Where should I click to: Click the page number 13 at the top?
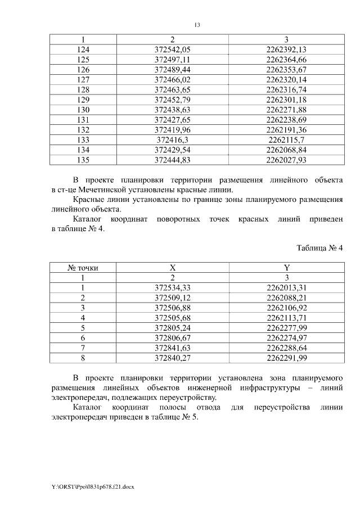(197, 25)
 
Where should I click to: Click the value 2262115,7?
(286, 140)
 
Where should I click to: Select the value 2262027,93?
(286, 160)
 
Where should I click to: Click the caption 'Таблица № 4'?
(319, 247)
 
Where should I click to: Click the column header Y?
(286, 268)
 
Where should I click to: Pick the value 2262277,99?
(286, 328)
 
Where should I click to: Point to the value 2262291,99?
(286, 358)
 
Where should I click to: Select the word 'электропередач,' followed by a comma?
(79, 398)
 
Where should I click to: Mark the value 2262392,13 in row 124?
(286, 49)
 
